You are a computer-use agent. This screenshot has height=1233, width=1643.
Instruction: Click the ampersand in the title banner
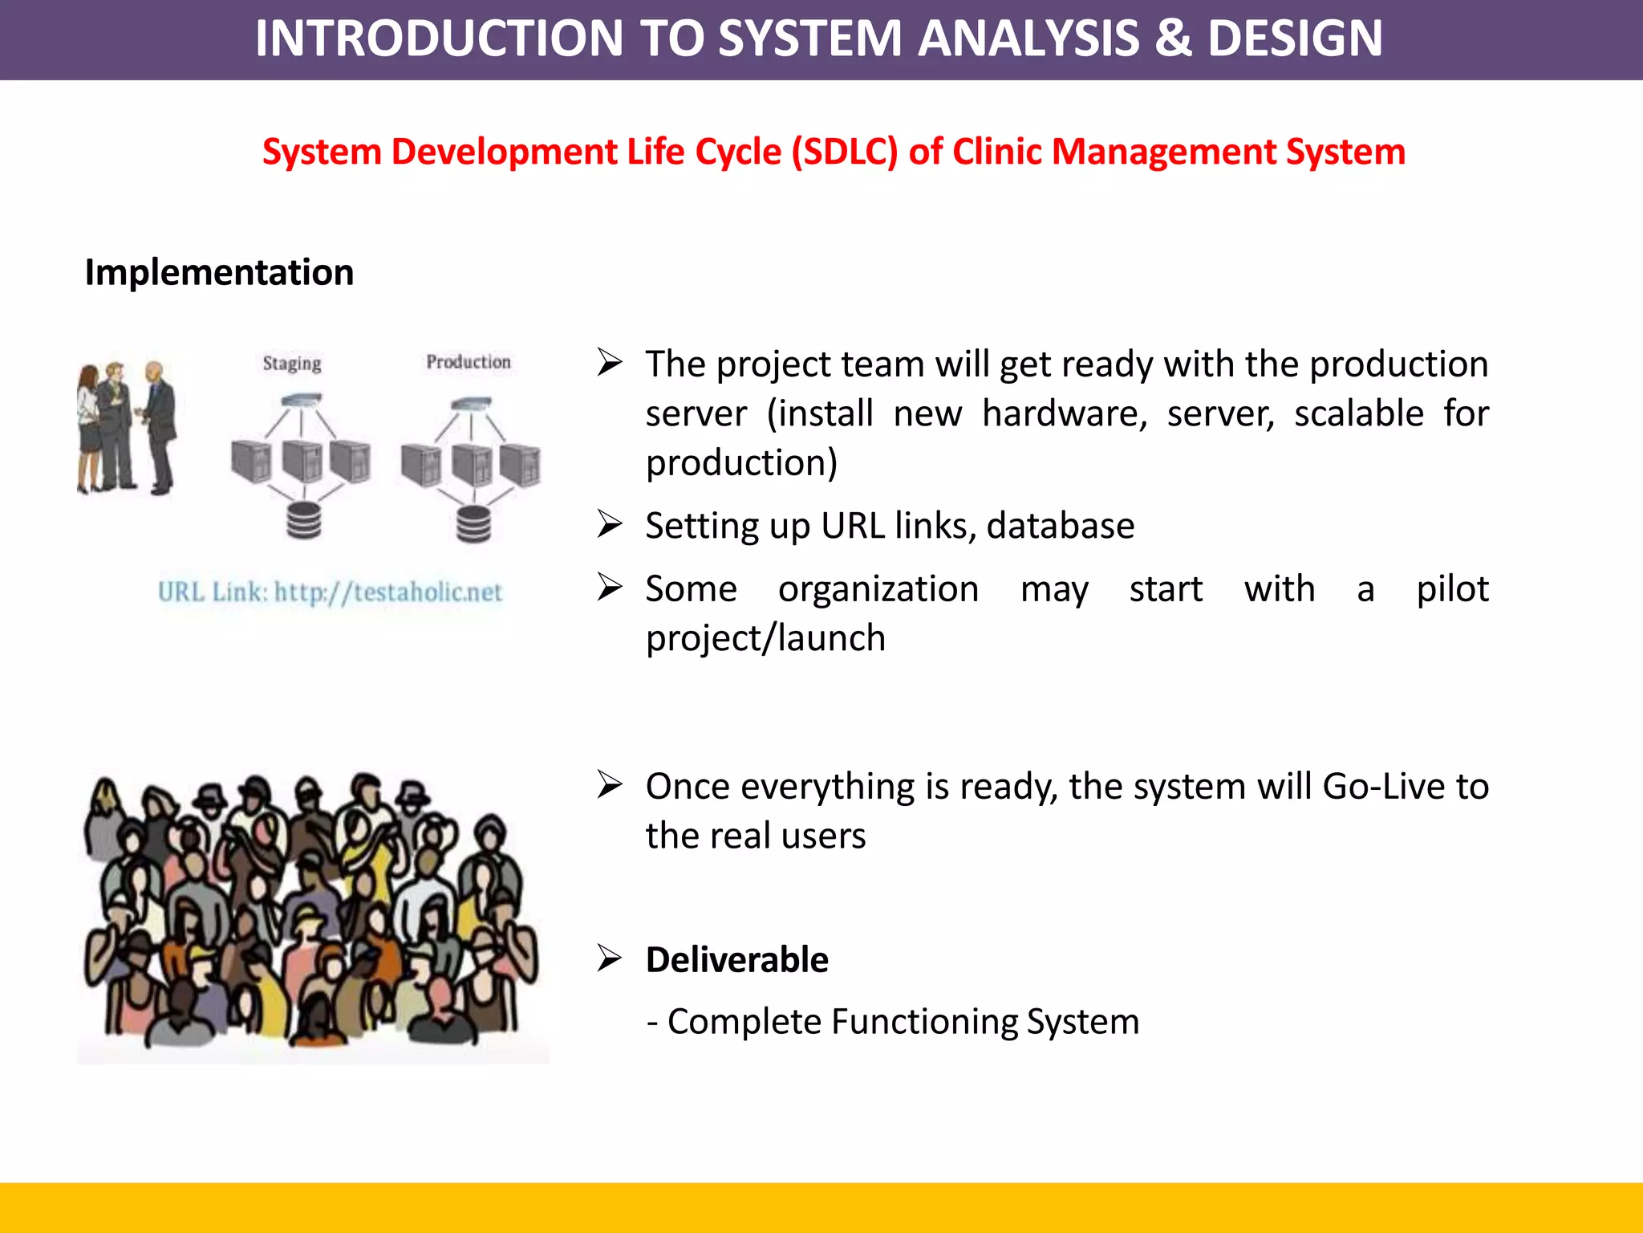(x=1173, y=39)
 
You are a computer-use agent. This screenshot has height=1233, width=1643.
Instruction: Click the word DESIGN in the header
(x=1295, y=39)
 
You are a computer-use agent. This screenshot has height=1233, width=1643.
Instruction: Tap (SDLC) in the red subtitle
(x=845, y=153)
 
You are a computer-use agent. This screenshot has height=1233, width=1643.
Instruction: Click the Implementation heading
(x=219, y=273)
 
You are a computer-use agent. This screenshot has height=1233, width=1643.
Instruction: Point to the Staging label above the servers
(x=292, y=364)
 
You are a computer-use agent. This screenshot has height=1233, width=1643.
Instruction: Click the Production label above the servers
(x=469, y=362)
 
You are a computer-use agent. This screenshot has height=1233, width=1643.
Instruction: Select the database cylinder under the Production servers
(x=473, y=524)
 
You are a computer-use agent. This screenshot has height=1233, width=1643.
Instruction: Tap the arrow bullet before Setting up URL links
(x=609, y=525)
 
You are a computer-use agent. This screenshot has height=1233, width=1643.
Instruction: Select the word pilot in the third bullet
(x=1452, y=589)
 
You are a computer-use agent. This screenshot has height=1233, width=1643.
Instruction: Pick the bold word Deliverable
(x=736, y=960)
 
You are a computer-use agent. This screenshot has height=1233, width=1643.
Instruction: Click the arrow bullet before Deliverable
(x=609, y=958)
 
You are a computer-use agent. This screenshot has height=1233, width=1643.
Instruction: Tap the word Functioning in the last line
(x=925, y=1023)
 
